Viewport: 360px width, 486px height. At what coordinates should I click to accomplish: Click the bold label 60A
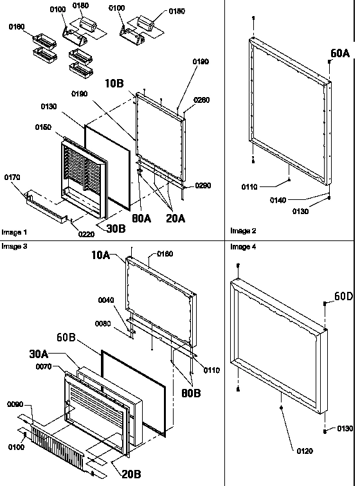click(x=341, y=54)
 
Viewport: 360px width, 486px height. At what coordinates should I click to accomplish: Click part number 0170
click(x=12, y=177)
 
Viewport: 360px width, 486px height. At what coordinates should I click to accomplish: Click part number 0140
click(x=313, y=200)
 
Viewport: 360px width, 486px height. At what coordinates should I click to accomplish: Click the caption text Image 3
click(x=12, y=246)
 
